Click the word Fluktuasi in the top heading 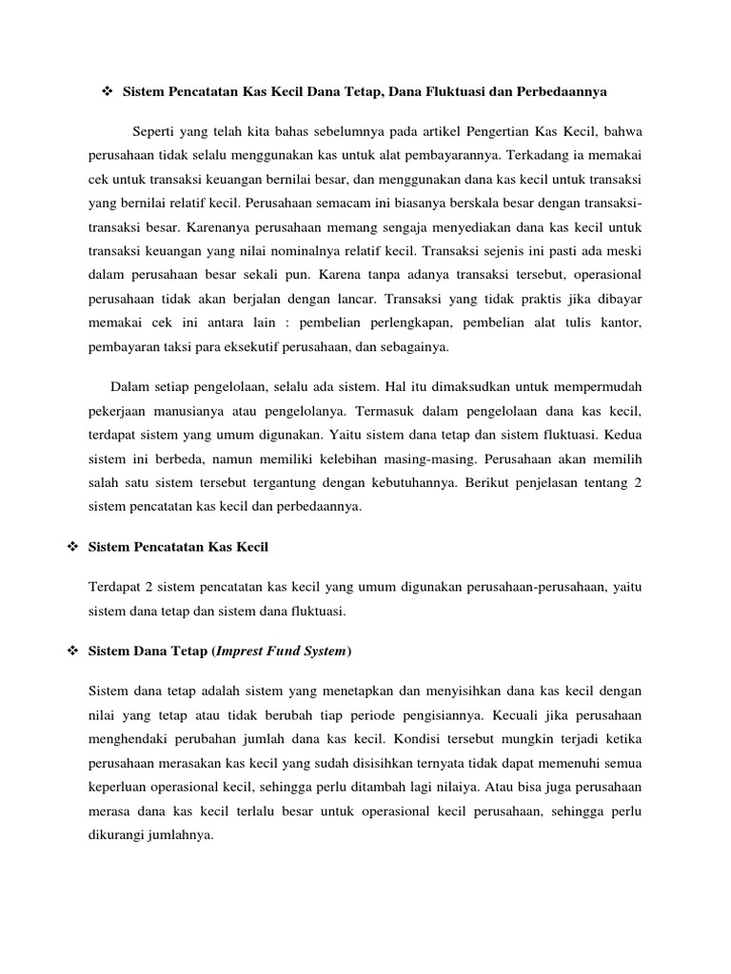tap(447, 91)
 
